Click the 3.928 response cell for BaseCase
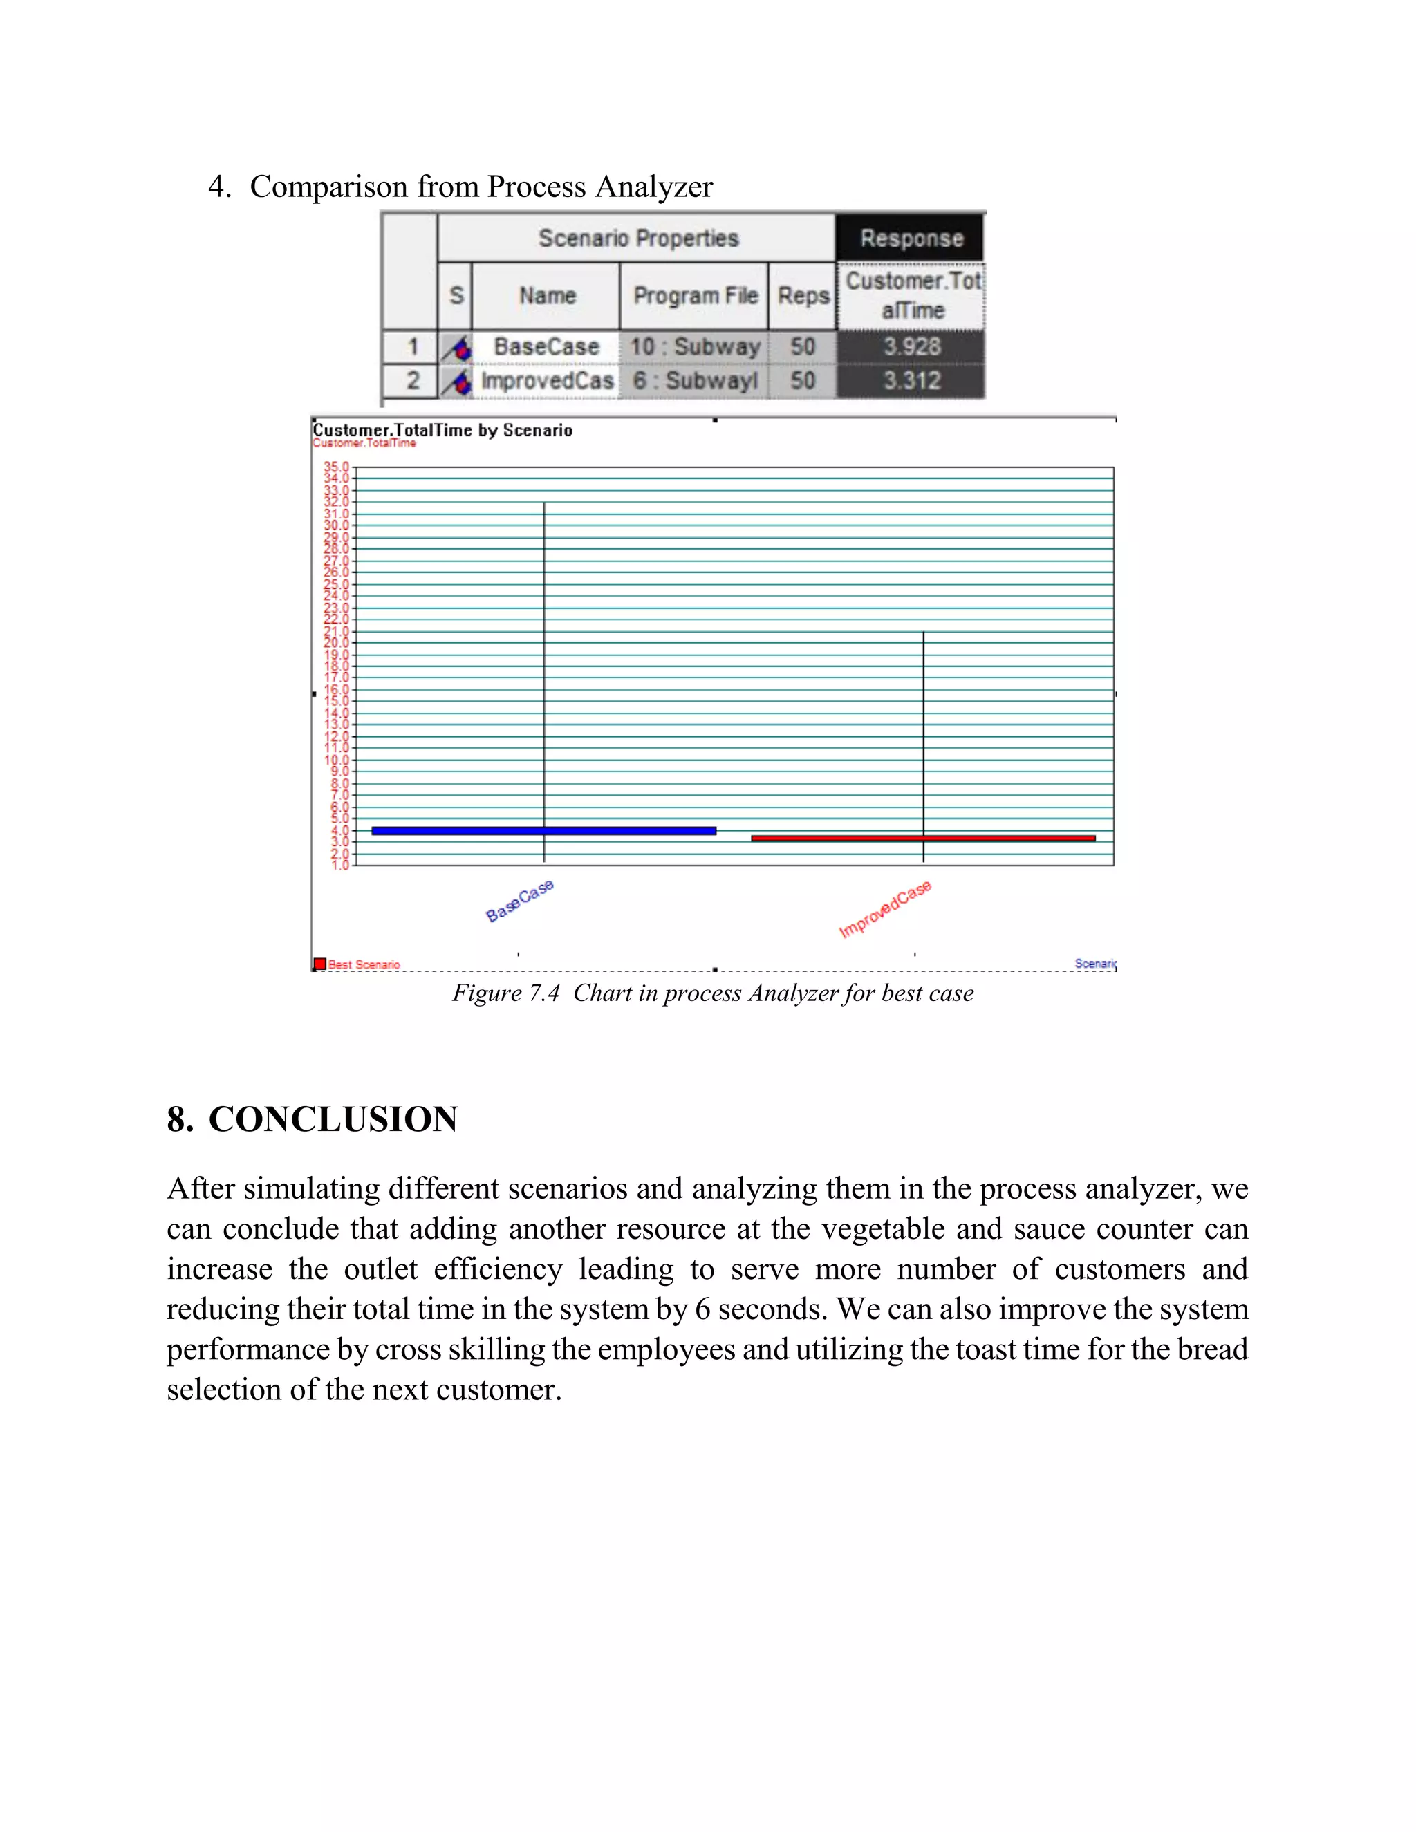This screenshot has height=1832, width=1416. [911, 346]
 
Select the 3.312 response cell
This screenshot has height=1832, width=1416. [911, 381]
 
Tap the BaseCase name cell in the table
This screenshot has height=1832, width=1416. [546, 346]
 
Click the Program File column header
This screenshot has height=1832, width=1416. [695, 296]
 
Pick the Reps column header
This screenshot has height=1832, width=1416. [803, 296]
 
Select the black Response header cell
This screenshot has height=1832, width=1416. [911, 239]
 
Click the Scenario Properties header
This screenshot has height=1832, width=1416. [637, 239]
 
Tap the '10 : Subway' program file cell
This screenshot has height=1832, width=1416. [695, 346]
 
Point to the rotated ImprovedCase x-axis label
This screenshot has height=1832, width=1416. [885, 909]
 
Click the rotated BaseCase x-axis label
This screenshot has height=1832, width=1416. [520, 900]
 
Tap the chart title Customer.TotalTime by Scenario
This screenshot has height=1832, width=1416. [443, 430]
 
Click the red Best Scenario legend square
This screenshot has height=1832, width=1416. [319, 964]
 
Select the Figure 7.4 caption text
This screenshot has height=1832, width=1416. [713, 993]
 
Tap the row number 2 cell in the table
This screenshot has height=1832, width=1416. [412, 381]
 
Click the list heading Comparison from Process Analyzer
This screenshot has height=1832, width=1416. [481, 186]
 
